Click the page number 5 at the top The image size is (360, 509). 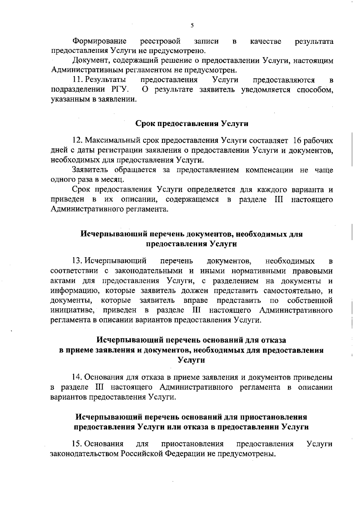[x=192, y=25]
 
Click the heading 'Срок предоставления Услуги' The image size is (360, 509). [x=192, y=124]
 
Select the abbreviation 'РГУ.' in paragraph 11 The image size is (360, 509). [x=120, y=89]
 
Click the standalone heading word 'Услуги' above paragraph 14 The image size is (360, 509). [x=192, y=360]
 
